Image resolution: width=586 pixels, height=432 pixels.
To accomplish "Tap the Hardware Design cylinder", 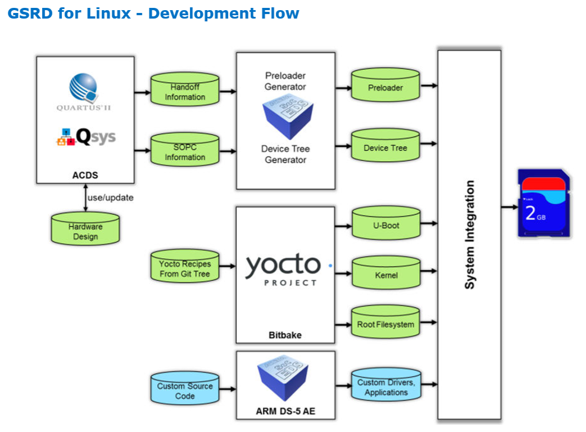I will (x=85, y=231).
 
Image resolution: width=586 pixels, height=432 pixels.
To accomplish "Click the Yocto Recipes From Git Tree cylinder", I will (x=185, y=269).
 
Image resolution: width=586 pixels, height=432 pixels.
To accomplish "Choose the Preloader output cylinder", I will (x=385, y=88).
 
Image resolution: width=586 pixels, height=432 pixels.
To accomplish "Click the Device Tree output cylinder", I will (x=385, y=148).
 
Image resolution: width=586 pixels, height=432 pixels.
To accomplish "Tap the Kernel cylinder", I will (x=385, y=275).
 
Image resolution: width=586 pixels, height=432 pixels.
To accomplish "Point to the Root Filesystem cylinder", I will (x=385, y=325).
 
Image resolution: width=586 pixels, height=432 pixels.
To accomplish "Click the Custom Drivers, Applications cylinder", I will (x=385, y=387).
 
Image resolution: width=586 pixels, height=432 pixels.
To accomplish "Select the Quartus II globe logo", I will (x=83, y=88).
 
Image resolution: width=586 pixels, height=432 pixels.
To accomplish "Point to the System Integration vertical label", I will (x=470, y=235).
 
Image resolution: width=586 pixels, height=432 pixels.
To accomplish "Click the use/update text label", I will (x=111, y=198).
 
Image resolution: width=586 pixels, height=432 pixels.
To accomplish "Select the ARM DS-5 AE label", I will (x=285, y=411).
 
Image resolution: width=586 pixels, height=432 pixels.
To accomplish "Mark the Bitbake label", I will (x=285, y=335).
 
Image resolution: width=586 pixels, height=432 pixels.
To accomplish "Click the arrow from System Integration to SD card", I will (x=510, y=207).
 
